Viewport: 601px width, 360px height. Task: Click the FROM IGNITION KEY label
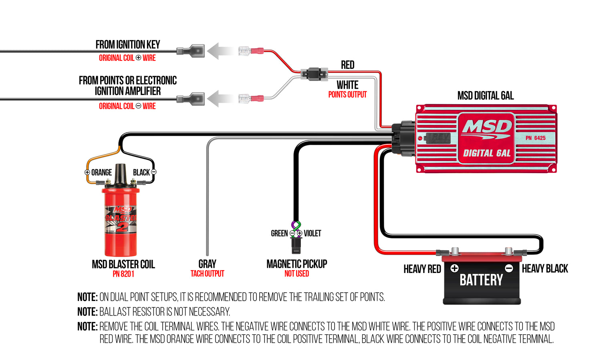[127, 44]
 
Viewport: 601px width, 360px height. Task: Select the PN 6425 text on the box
[535, 138]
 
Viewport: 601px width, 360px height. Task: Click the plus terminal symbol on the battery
[454, 268]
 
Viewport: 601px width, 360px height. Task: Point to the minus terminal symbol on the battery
[509, 268]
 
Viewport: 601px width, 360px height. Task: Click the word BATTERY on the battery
[481, 280]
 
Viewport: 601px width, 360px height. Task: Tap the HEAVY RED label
[422, 269]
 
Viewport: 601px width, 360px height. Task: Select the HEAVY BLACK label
[545, 269]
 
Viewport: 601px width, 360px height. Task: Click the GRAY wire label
[207, 264]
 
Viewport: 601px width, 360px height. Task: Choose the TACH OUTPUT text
[207, 274]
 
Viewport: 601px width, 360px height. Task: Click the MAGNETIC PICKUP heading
[296, 264]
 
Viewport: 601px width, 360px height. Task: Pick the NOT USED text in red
[296, 274]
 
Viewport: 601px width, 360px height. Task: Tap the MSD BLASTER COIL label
[123, 264]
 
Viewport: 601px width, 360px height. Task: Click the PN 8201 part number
[123, 274]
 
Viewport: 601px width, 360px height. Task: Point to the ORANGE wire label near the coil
[101, 172]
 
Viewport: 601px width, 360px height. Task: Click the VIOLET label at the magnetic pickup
[312, 233]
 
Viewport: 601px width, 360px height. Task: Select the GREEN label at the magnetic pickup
[279, 233]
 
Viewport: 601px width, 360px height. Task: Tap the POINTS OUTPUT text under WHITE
[347, 95]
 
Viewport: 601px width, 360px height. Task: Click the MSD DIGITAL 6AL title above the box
[485, 95]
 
